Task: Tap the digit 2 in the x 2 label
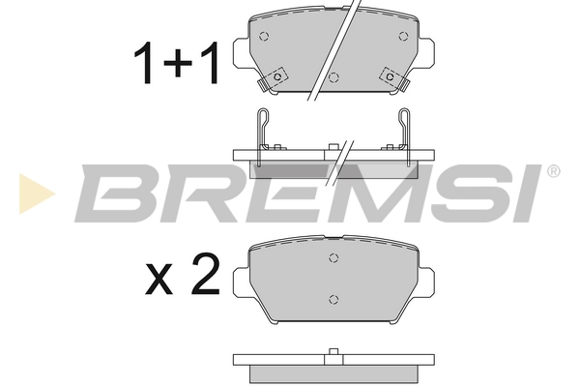(205, 275)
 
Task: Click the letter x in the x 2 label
(159, 279)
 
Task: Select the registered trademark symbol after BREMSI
(553, 171)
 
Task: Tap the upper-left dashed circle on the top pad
(264, 37)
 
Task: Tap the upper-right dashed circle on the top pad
(403, 37)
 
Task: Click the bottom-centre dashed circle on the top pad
(333, 77)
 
